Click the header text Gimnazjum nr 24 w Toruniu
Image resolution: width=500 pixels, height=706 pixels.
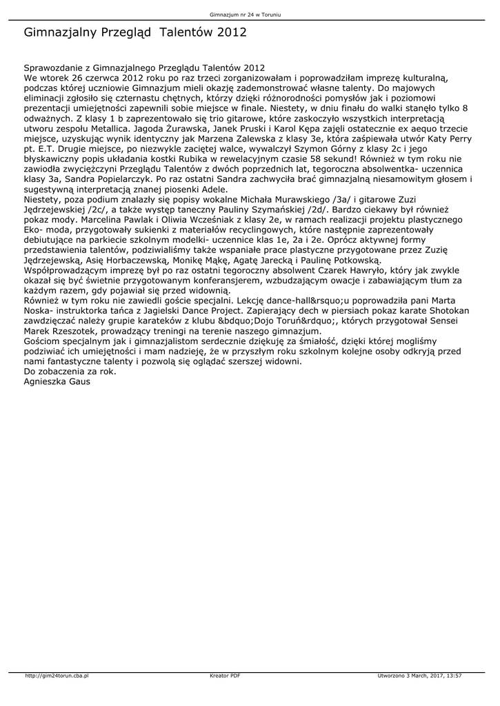(250, 14)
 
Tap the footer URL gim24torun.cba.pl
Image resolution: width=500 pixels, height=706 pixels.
(57, 675)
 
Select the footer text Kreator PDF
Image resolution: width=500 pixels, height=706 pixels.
(225, 675)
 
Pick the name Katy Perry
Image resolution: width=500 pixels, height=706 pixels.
(443, 139)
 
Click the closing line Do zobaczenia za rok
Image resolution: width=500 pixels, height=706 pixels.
(70, 372)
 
